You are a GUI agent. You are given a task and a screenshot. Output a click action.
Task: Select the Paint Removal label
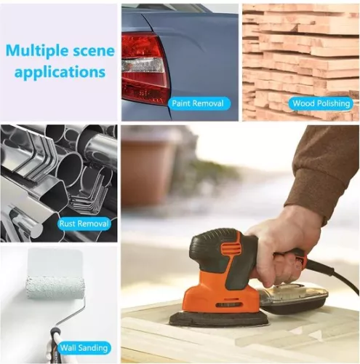click(x=198, y=104)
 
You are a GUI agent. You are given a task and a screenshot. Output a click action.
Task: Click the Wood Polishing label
click(x=321, y=104)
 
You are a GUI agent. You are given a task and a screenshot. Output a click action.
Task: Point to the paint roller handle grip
click(x=55, y=342)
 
